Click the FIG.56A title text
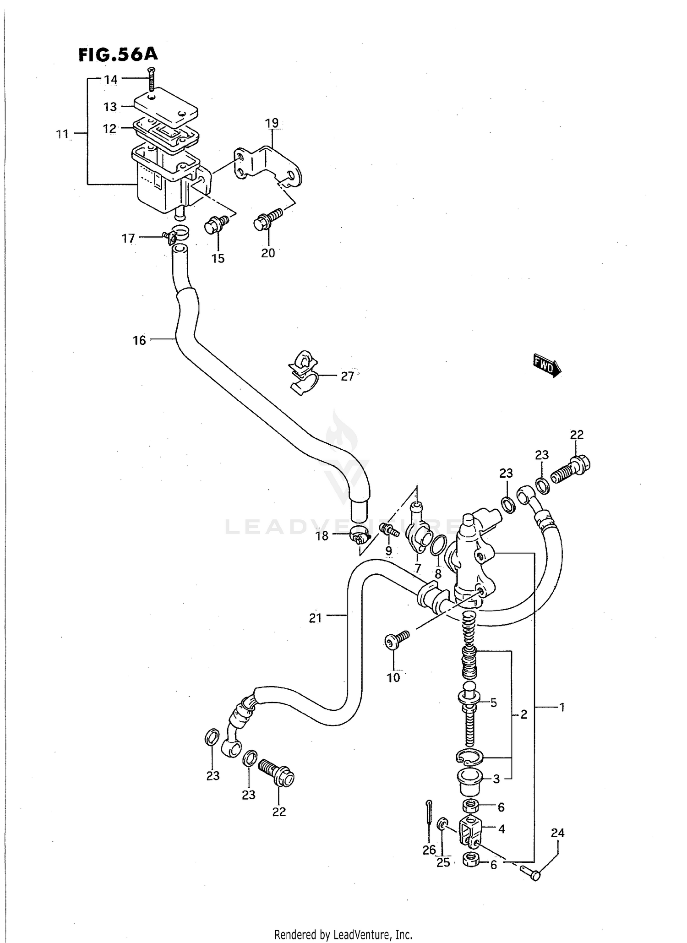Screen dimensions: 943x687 point(118,55)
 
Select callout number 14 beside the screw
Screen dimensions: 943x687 point(110,80)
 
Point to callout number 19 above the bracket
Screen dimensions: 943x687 point(272,123)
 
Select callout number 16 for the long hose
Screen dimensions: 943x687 point(139,340)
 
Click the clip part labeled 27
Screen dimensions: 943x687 point(302,372)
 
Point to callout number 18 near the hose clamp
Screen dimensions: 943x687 point(322,536)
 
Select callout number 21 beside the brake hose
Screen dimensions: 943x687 point(315,618)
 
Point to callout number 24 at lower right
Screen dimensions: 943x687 point(557,833)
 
